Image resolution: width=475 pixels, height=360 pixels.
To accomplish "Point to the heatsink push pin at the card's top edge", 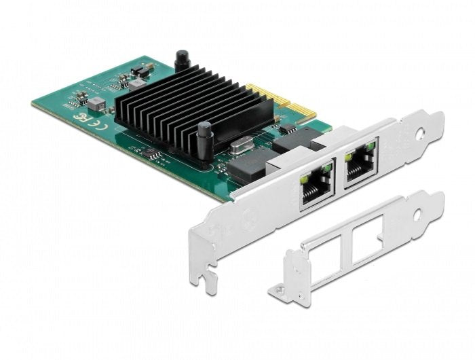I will pyautogui.click(x=181, y=62).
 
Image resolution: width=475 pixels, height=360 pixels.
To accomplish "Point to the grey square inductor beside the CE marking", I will pyautogui.click(x=97, y=103).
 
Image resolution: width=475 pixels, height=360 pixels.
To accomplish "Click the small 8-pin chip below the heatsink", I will pyautogui.click(x=155, y=156).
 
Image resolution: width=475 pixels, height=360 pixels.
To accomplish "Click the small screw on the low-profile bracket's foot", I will pyautogui.click(x=278, y=291).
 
